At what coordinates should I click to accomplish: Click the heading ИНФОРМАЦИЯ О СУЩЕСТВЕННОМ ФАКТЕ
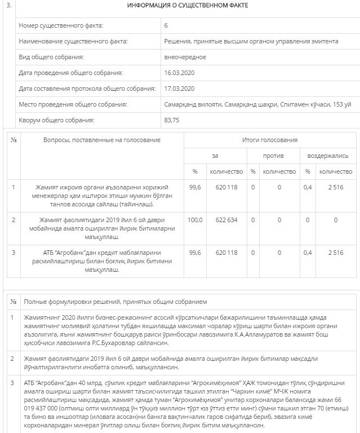tap(187, 6)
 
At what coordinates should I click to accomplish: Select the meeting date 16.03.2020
tap(179, 73)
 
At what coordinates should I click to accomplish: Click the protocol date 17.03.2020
tap(179, 89)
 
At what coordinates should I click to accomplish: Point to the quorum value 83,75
tap(171, 120)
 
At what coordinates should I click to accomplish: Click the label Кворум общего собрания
tap(57, 120)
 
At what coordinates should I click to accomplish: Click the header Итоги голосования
tap(269, 140)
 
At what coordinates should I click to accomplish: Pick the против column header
tap(273, 156)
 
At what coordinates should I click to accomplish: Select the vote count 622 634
tap(226, 220)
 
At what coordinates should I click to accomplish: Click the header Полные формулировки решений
tap(115, 302)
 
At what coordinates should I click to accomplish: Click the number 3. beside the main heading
tap(8, 6)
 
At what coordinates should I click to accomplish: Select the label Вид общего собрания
tap(51, 57)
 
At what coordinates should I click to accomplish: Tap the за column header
tap(215, 156)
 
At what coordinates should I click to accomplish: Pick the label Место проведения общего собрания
tap(73, 104)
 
